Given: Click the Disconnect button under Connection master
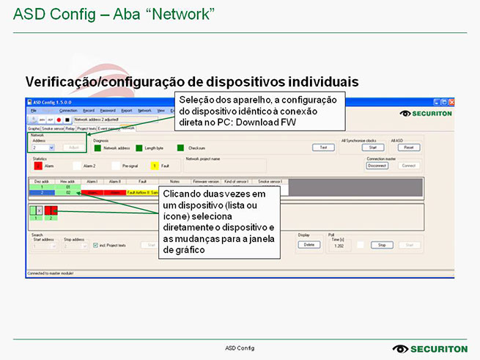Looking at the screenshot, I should pyautogui.click(x=377, y=166).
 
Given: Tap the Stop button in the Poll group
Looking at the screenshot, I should pyautogui.click(x=381, y=245).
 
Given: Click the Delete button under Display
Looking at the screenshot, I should pyautogui.click(x=309, y=244).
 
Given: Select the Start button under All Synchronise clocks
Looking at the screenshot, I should pyautogui.click(x=372, y=147).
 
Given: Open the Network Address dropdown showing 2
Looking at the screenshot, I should pyautogui.click(x=43, y=147).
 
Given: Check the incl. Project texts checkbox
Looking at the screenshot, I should pyautogui.click(x=95, y=246).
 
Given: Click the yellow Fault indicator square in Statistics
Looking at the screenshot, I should pyautogui.click(x=155, y=166).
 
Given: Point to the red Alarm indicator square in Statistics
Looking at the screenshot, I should pyautogui.click(x=39, y=166).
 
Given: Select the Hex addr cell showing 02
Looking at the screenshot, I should pyautogui.click(x=68, y=192).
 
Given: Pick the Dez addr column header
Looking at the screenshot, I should pyautogui.click(x=43, y=180).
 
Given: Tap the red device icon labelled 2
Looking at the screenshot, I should pyautogui.click(x=51, y=211).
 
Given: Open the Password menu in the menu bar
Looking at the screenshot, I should pyautogui.click(x=108, y=110).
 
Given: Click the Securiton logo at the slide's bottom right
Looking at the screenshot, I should pyautogui.click(x=426, y=348).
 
